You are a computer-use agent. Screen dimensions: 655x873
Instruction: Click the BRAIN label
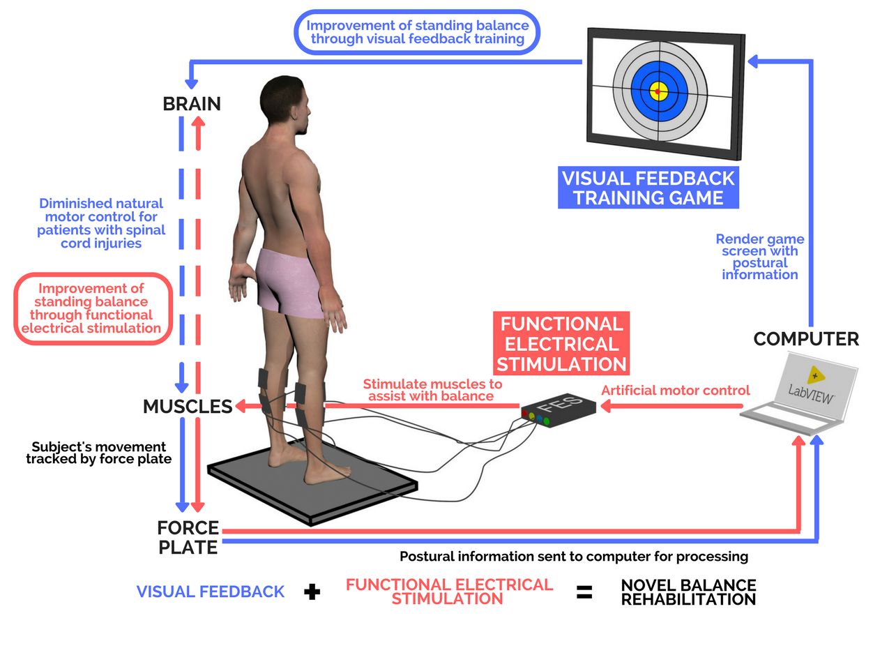tap(191, 104)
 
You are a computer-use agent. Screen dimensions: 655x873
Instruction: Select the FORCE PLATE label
tap(188, 537)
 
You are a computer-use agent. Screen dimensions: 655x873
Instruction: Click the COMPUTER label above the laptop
tap(806, 339)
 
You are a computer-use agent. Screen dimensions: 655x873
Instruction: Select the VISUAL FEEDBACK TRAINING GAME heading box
tap(648, 187)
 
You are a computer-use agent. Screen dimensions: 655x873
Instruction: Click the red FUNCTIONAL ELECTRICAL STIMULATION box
tap(561, 344)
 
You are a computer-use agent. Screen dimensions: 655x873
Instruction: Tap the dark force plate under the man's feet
tap(314, 488)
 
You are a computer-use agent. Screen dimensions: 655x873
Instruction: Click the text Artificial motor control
tap(675, 390)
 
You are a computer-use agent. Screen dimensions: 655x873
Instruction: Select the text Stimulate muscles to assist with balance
tap(432, 390)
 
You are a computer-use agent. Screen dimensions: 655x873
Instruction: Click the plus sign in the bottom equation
tap(313, 592)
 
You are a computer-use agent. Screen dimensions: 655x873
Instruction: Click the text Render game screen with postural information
tap(759, 257)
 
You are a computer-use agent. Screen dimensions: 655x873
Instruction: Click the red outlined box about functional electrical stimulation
tap(92, 308)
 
